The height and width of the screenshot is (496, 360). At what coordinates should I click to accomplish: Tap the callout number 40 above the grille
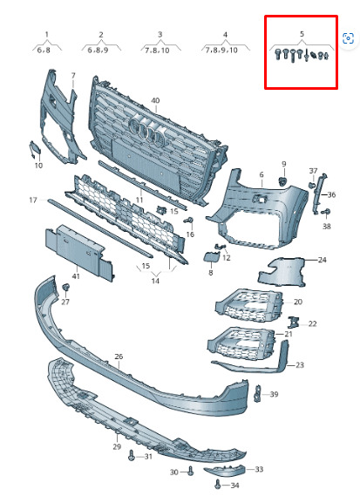pos(155,100)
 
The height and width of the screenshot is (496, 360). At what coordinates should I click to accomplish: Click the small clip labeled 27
pos(65,288)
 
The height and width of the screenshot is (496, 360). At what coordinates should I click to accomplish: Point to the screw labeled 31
pos(132,456)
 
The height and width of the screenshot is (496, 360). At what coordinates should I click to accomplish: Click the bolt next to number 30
pos(190,471)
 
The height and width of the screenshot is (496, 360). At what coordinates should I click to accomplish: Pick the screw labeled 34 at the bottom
pos(218,485)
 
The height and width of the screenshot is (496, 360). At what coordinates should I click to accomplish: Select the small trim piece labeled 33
pos(224,472)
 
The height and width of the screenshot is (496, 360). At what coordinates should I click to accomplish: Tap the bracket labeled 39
pos(258,393)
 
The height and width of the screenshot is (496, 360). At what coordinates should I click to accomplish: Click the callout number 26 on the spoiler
pos(119,357)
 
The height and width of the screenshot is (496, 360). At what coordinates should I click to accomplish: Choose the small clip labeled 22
pos(293,322)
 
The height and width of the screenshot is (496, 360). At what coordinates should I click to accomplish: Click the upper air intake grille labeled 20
pos(249,305)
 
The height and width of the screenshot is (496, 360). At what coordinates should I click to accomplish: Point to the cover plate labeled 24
pos(282,272)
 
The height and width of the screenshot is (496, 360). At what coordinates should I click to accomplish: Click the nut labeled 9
pos(282,181)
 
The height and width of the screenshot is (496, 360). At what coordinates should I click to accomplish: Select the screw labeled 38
pos(326,212)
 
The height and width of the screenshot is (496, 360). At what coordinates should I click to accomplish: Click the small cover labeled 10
pos(35,150)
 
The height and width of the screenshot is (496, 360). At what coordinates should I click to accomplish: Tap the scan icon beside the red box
pos(348,38)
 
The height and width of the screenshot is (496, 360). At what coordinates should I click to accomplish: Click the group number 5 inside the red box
pos(302,34)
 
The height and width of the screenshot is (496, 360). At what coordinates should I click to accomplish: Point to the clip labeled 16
pos(189,221)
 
